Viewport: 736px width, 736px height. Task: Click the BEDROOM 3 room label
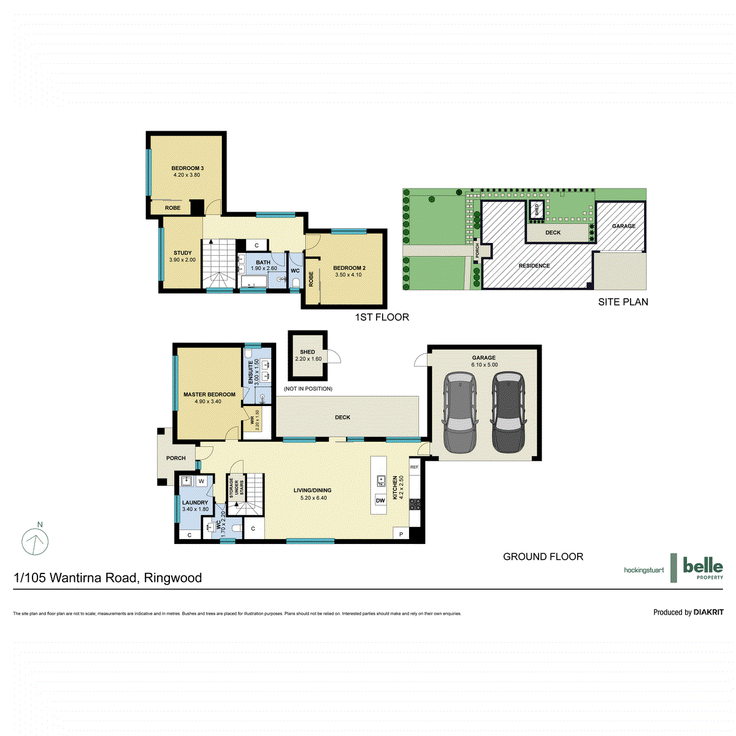[x=187, y=168]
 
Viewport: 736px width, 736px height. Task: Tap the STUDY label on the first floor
[x=183, y=253]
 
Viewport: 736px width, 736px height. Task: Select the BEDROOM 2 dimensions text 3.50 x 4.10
[x=348, y=275]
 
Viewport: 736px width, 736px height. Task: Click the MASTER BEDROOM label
[x=209, y=394]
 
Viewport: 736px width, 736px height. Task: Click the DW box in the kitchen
[x=380, y=500]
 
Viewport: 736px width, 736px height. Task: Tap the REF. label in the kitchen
[x=415, y=467]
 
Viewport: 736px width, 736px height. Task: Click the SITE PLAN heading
[x=623, y=302]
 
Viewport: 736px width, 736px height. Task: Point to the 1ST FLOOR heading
[x=381, y=317]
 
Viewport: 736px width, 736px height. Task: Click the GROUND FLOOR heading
[x=543, y=557]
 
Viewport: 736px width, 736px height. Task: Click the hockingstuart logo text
[x=643, y=570]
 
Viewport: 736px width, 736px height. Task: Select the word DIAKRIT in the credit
[x=708, y=612]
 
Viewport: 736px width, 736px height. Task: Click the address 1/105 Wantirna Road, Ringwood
[x=108, y=578]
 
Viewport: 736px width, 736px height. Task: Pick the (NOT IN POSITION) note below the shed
[x=308, y=389]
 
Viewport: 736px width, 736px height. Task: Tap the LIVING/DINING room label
[x=313, y=490]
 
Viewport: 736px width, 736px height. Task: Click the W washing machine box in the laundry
[x=201, y=481]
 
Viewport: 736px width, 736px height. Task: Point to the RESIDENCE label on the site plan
[x=534, y=266]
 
